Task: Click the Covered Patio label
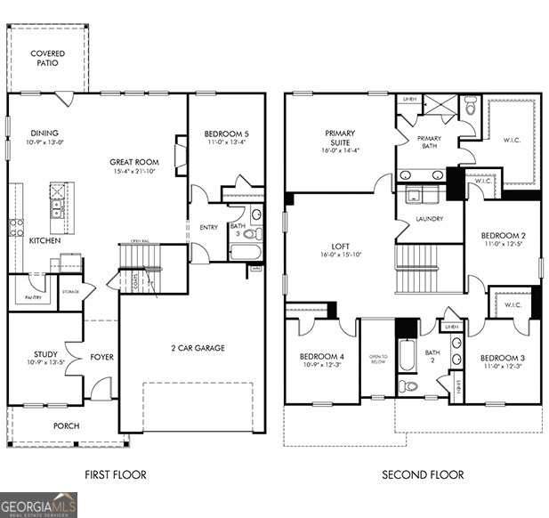(47, 59)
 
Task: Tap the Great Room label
(134, 162)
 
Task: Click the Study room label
(45, 355)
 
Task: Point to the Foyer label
(101, 358)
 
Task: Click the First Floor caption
(116, 474)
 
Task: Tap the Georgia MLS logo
(39, 505)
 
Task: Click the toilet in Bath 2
(408, 385)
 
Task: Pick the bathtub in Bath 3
(245, 252)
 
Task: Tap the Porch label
(66, 426)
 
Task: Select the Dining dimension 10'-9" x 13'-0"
(44, 142)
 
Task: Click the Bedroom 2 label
(502, 236)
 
